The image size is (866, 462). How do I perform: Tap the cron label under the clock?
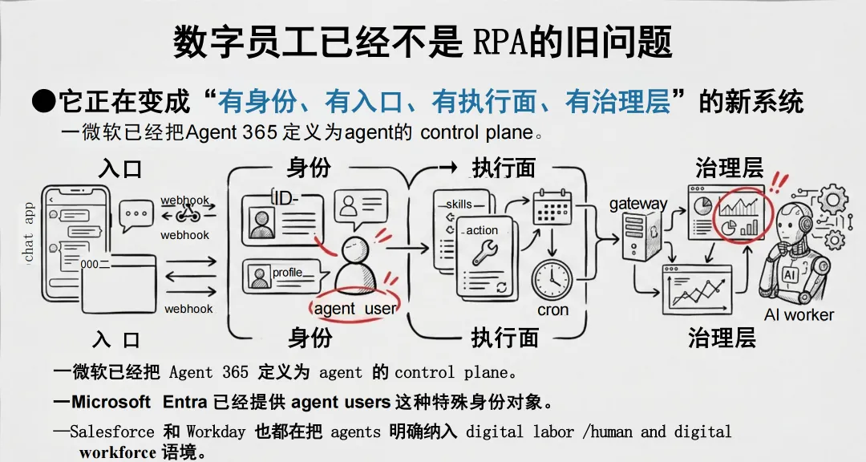[553, 310]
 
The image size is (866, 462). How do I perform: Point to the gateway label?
[638, 203]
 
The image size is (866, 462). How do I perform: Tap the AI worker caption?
[799, 314]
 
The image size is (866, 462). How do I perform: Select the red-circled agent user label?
[354, 309]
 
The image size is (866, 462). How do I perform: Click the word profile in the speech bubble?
[287, 273]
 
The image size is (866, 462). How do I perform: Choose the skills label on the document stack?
[459, 204]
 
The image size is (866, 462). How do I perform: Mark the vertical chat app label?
[30, 232]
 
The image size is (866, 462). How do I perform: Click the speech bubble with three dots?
[136, 215]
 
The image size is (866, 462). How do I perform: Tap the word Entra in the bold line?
[185, 401]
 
